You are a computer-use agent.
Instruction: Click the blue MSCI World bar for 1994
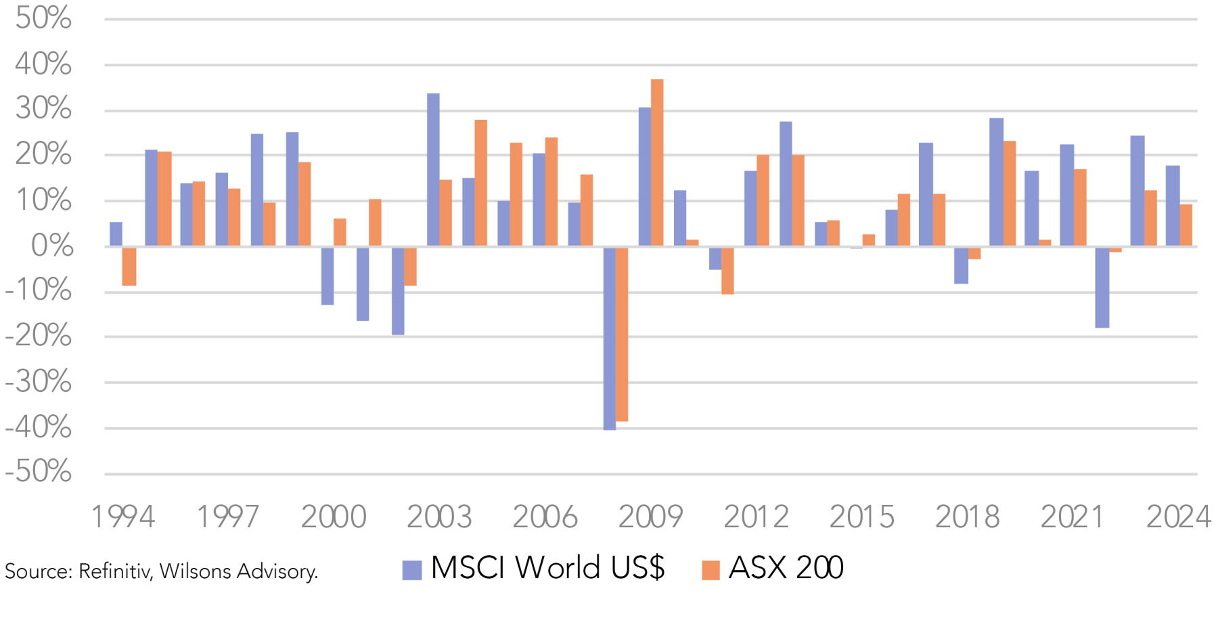pos(116,234)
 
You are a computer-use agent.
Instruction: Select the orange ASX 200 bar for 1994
pos(129,266)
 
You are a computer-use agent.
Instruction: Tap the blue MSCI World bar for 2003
pos(433,169)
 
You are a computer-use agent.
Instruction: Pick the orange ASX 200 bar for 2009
pos(657,162)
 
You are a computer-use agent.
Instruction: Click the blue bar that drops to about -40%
pos(610,338)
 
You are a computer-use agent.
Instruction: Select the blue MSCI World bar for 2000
pos(328,276)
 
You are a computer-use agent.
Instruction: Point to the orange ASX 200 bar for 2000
pos(340,232)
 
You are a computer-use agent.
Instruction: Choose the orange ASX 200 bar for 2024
pos(1186,225)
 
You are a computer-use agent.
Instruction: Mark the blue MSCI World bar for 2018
pos(961,265)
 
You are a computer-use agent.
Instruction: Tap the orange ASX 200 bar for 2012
pos(763,200)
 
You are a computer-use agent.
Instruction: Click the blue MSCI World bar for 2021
pos(1066,195)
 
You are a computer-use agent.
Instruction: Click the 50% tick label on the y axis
pos(43,18)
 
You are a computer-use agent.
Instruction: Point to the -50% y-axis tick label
pos(39,472)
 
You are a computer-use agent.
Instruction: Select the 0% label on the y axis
pos(52,246)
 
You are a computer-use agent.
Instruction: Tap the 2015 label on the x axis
pos(861,518)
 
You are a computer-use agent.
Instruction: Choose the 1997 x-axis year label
pos(227,518)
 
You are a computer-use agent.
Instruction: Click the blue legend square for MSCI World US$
pos(411,570)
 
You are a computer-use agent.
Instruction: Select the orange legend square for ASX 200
pos(710,570)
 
